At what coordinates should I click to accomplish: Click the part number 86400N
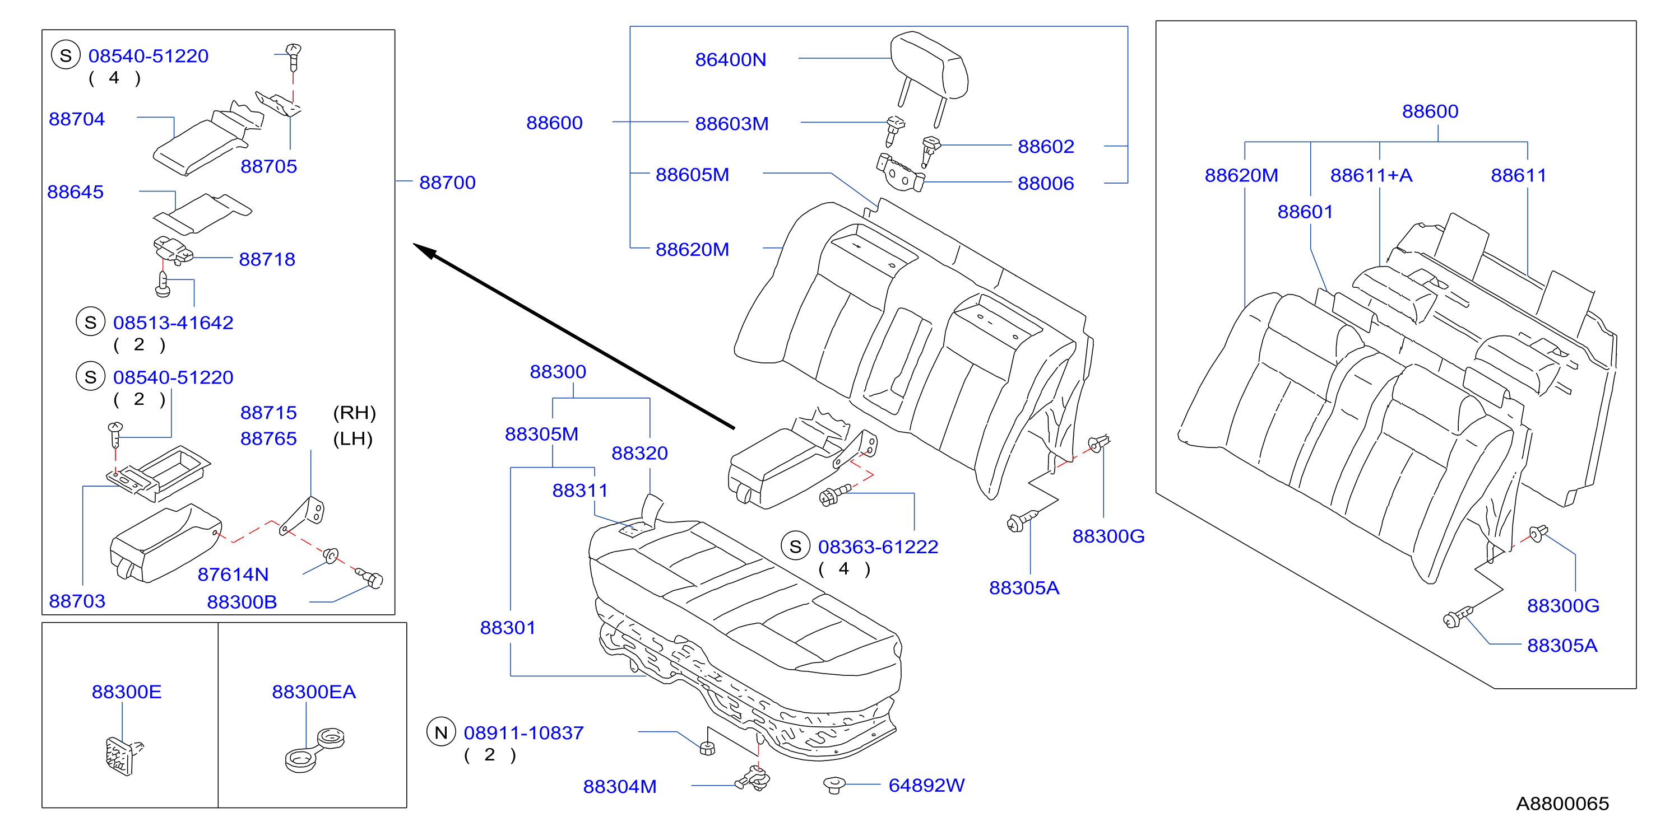pos(730,60)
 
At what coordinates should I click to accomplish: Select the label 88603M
pos(731,124)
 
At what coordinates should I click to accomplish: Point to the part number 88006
pos(1046,184)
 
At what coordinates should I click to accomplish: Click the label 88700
pos(447,183)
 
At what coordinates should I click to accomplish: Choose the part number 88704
pos(76,119)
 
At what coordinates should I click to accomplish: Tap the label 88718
pos(267,259)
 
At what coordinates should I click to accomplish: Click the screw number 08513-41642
pos(173,323)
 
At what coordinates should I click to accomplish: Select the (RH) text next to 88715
pos(354,412)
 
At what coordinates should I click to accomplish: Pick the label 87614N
pos(233,575)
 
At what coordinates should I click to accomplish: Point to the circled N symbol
pos(440,732)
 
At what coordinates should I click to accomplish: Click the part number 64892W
pos(926,786)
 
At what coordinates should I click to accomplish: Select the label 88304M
pos(619,787)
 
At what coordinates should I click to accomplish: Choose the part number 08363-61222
pos(878,547)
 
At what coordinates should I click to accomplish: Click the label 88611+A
pos(1371,175)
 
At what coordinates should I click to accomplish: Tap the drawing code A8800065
pos(1562,804)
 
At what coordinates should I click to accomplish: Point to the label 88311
pos(579,491)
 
